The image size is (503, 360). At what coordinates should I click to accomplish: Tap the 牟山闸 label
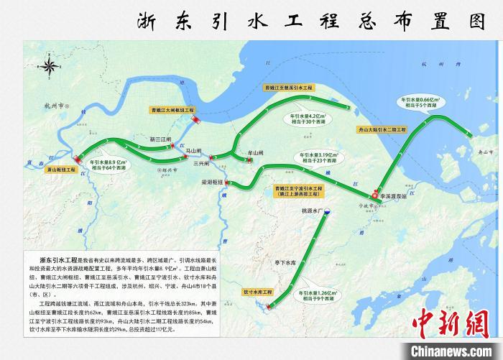point(256,152)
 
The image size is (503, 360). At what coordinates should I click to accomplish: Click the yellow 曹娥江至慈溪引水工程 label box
point(289,88)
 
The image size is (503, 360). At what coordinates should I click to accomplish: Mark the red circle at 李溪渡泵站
point(374,194)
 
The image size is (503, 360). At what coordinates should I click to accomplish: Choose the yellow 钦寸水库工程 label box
point(259,292)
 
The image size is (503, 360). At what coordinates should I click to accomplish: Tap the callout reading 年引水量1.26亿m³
point(337,296)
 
